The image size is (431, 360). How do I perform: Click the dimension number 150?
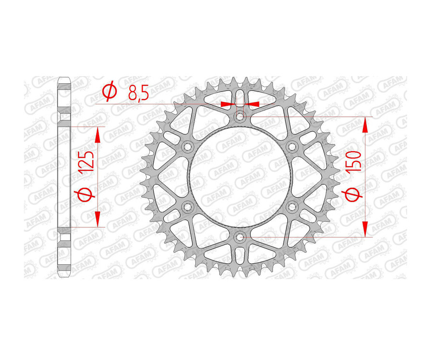[355, 163]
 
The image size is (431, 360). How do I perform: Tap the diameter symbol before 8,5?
[109, 91]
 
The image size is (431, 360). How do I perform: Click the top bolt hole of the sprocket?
[240, 116]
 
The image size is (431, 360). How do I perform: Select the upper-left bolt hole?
[187, 146]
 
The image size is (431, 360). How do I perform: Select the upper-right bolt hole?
[292, 146]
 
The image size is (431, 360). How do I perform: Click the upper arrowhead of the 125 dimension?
[98, 135]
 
